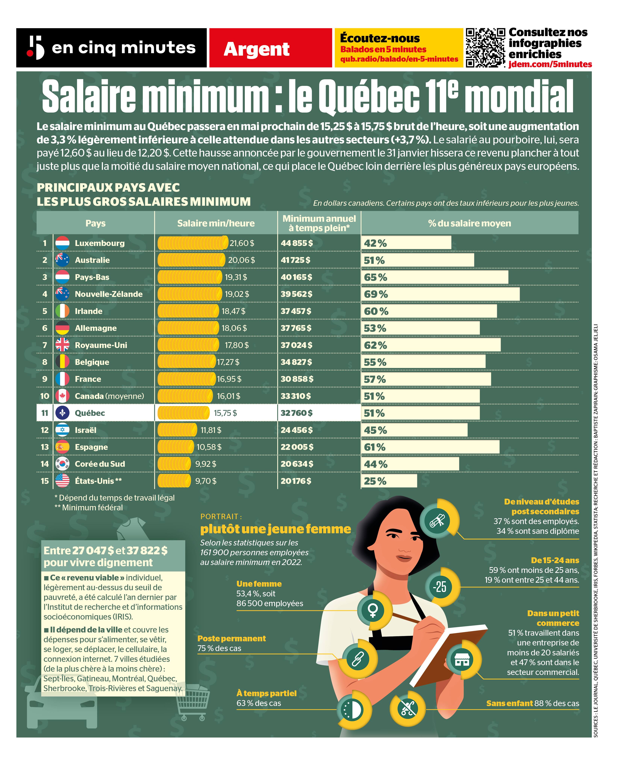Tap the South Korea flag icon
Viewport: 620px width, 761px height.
[63, 464]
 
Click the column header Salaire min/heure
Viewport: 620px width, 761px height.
[216, 223]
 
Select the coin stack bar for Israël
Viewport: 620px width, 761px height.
[177, 430]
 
